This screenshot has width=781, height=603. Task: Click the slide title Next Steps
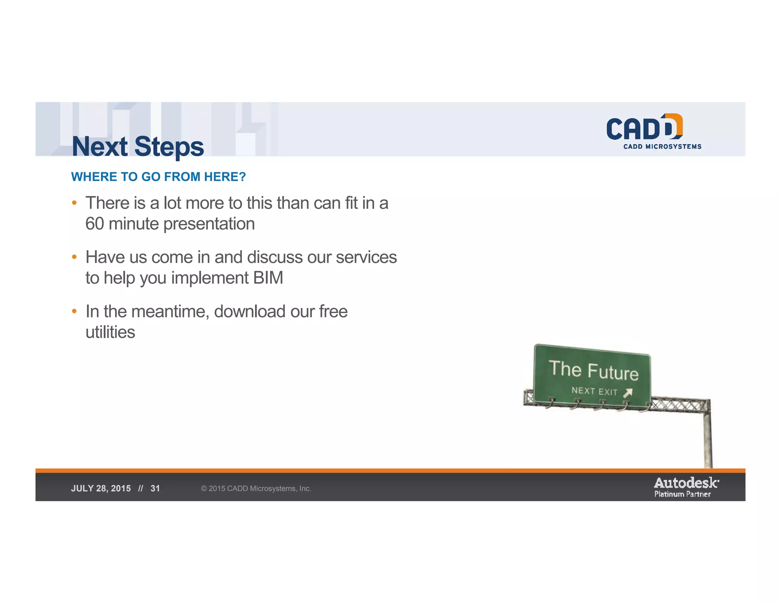point(138,147)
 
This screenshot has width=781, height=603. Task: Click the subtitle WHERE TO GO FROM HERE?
point(158,177)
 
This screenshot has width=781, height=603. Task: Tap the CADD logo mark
point(644,127)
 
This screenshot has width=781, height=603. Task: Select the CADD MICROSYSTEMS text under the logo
point(662,147)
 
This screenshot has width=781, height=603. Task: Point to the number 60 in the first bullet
point(95,224)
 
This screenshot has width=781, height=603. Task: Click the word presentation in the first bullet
point(209,224)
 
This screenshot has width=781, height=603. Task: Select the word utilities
point(110,332)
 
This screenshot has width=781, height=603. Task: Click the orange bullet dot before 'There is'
point(74,203)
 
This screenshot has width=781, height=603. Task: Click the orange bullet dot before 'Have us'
point(74,257)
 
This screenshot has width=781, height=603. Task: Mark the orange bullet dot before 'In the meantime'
point(74,311)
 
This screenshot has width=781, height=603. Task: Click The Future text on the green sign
point(593,370)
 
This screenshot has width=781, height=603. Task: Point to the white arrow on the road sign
point(628,393)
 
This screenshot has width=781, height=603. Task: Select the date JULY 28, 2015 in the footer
point(101,489)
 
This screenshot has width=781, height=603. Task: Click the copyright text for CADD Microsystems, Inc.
point(256,489)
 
